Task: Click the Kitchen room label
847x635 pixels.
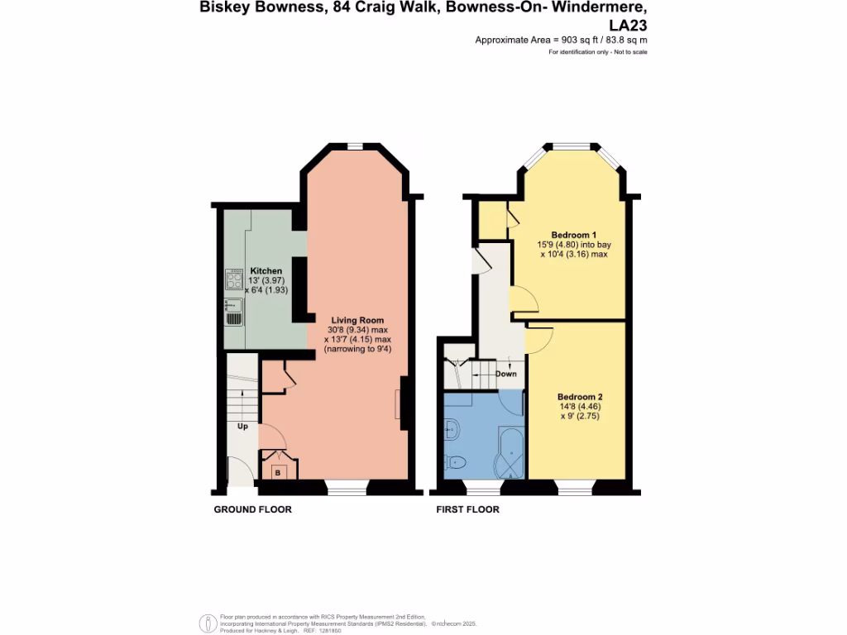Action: [266, 271]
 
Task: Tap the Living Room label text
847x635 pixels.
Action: [357, 320]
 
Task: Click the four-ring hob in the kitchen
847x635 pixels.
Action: [232, 279]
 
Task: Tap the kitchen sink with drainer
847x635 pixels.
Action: [233, 312]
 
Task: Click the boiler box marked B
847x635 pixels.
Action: [278, 472]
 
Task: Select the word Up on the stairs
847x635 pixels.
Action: [243, 427]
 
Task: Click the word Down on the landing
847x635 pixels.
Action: [505, 374]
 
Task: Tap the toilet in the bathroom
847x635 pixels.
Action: [456, 461]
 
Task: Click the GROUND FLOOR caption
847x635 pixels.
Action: [252, 509]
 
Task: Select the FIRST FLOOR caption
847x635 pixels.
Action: [467, 509]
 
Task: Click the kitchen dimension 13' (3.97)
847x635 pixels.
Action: [266, 281]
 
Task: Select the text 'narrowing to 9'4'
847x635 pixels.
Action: [357, 350]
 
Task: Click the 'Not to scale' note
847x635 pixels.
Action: [629, 52]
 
